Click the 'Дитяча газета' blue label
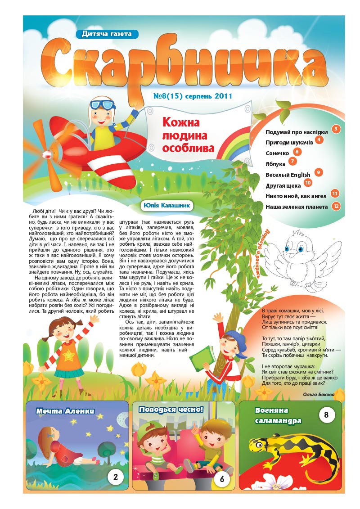pyautogui.click(x=107, y=33)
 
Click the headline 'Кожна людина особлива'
pyautogui.click(x=188, y=135)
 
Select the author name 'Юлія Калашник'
pyautogui.click(x=166, y=205)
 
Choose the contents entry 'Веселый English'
pyautogui.click(x=288, y=175)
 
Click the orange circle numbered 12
pyautogui.click(x=336, y=206)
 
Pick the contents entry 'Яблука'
pyautogui.click(x=275, y=164)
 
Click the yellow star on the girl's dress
pyautogui.click(x=69, y=344)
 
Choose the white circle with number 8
pyautogui.click(x=327, y=414)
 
